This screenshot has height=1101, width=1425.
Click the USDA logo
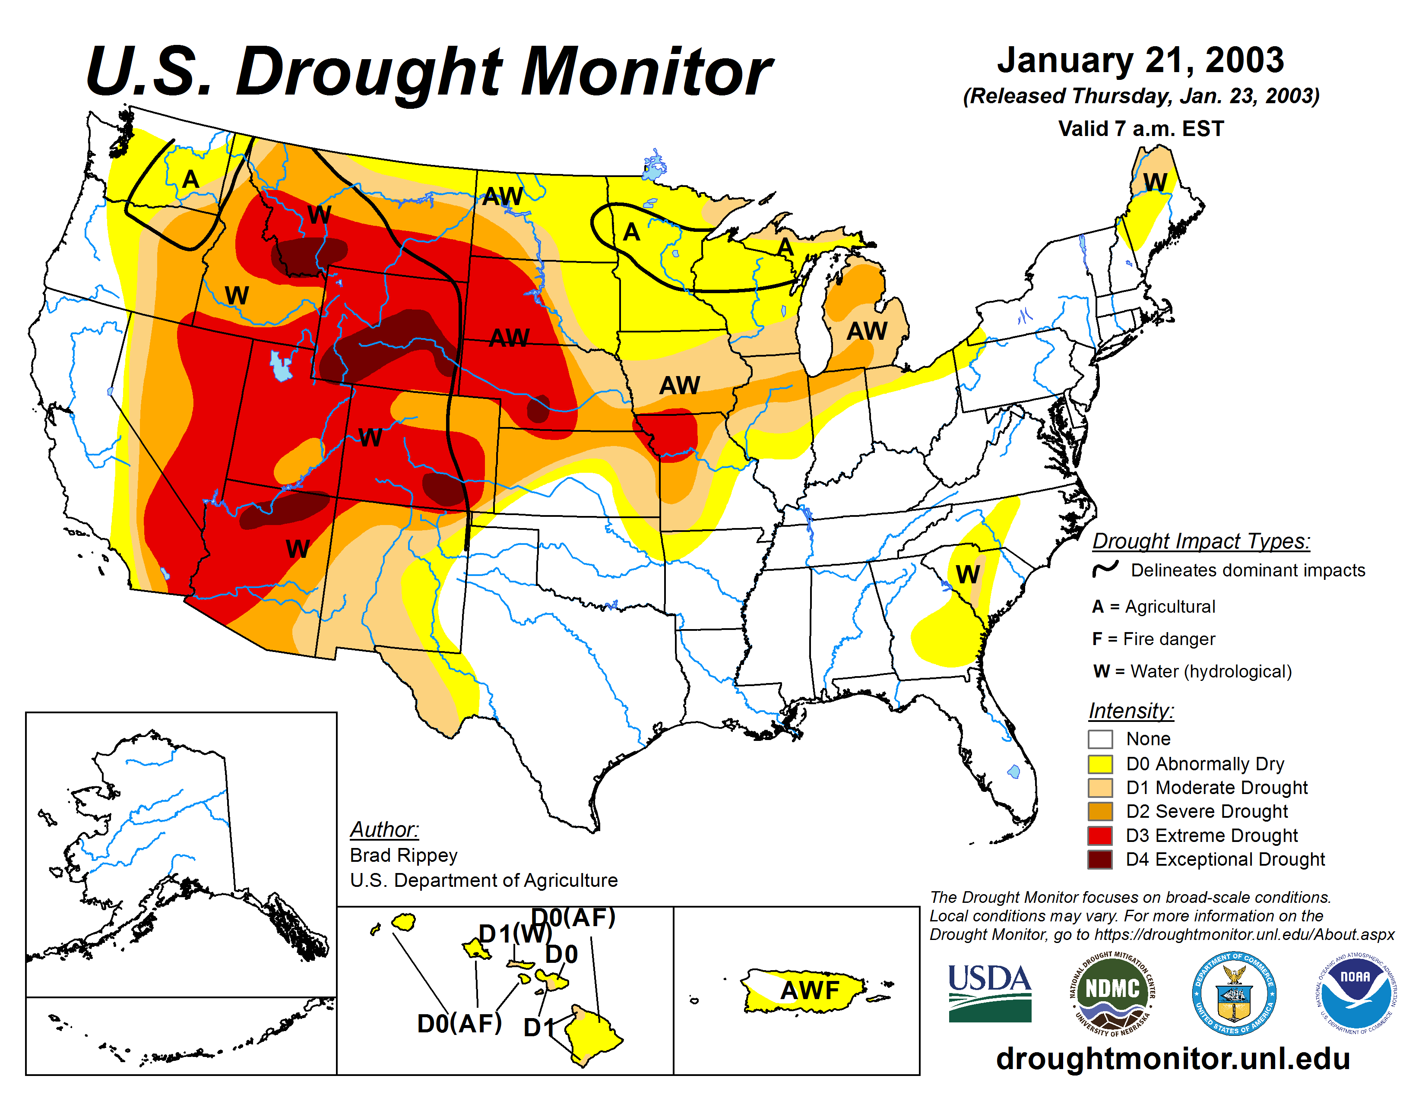pos(989,993)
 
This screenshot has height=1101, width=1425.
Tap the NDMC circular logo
pos(1112,993)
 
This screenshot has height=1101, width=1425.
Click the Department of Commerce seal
pos(1234,993)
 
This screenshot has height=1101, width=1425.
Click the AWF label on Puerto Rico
pos(810,990)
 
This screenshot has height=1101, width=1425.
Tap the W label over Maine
pos(1155,182)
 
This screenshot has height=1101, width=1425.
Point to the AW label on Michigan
pos(867,331)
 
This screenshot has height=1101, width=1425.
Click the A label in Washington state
pos(190,179)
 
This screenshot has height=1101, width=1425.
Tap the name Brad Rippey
pos(403,855)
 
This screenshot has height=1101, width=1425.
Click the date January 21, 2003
pos(1140,60)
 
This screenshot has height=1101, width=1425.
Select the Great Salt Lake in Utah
pos(281,367)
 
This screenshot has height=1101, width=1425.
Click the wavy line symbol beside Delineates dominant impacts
pos(1105,569)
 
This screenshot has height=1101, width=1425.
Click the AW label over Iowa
pos(679,386)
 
